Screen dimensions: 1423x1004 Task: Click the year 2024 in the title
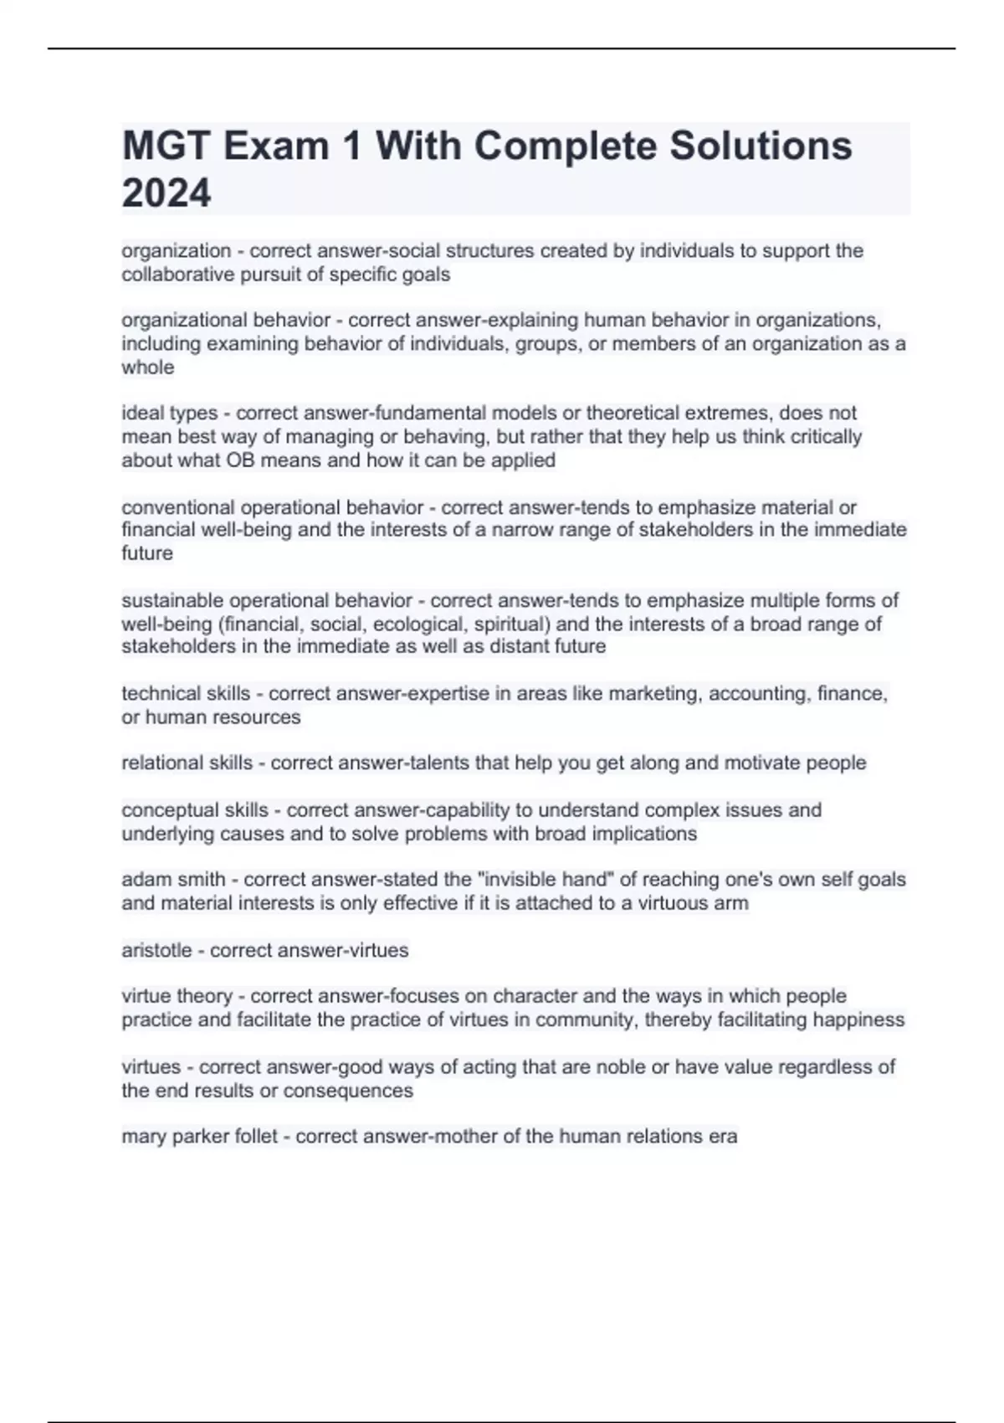[x=166, y=193]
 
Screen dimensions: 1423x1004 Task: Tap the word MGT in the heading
[x=166, y=146]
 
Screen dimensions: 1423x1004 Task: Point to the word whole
[x=148, y=367]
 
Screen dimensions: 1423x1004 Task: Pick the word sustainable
[x=172, y=600]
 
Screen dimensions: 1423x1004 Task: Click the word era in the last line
[x=723, y=1136]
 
